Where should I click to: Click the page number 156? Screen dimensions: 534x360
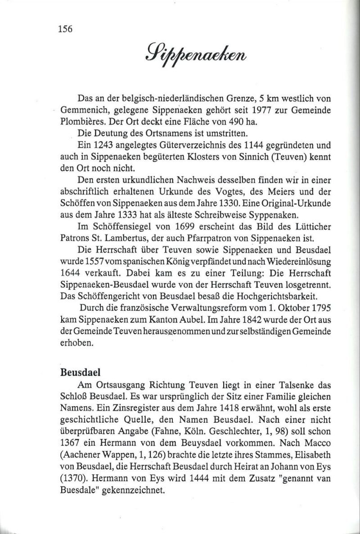pos(66,29)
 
